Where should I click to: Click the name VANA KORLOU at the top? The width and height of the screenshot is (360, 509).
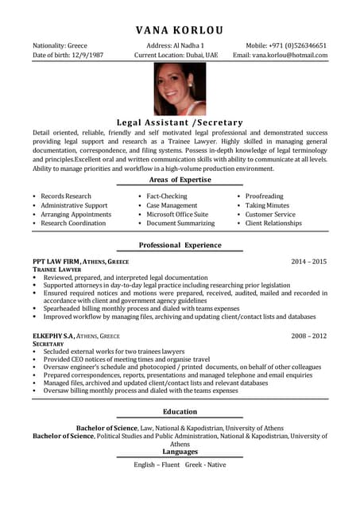click(180, 30)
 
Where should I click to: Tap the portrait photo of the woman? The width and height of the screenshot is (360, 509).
click(180, 90)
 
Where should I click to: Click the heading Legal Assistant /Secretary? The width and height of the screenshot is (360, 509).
click(180, 122)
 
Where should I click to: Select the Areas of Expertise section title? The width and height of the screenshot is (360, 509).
click(180, 180)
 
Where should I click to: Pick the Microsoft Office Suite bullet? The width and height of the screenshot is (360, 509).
click(177, 215)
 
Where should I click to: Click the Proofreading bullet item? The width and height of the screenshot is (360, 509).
click(264, 196)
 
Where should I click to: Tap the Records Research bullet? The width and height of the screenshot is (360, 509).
click(66, 196)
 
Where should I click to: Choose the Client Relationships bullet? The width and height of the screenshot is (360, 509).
click(273, 223)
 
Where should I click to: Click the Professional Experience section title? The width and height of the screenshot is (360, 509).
click(180, 246)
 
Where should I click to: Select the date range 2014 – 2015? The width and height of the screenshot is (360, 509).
click(308, 261)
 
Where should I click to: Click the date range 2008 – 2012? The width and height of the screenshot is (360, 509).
click(308, 336)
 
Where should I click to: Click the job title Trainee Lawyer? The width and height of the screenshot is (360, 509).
click(52, 270)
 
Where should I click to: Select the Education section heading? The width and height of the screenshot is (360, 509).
click(180, 411)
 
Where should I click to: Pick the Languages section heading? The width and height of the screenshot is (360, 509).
click(180, 451)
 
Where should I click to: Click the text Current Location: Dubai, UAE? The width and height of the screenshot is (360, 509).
click(176, 56)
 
